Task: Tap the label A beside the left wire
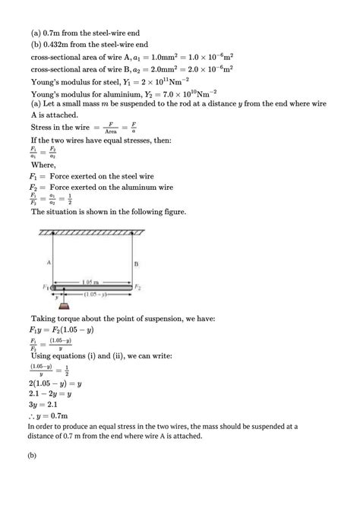click(x=48, y=261)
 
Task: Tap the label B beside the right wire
click(x=136, y=264)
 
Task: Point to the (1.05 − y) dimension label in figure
click(x=95, y=293)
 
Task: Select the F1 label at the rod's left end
click(x=46, y=288)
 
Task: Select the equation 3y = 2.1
click(x=48, y=405)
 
